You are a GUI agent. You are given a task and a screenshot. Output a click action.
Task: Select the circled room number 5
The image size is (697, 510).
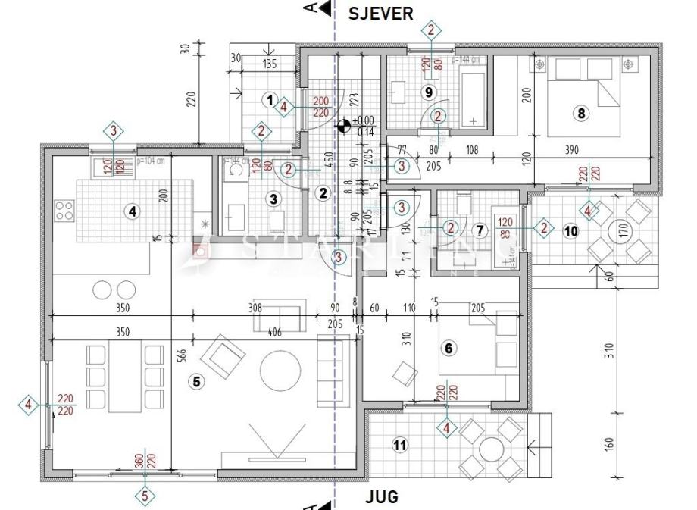pyautogui.click(x=197, y=382)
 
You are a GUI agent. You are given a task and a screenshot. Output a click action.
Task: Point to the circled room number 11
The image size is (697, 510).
pyautogui.click(x=399, y=445)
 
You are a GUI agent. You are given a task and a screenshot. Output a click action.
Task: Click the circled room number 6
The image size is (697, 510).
pyautogui.click(x=449, y=348)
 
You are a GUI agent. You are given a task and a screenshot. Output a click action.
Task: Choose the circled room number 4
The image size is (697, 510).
pyautogui.click(x=133, y=212)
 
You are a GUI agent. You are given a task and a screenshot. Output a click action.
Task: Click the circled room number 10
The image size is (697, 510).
pyautogui.click(x=570, y=230)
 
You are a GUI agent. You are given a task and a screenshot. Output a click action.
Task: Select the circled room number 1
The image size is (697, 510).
pyautogui.click(x=268, y=99)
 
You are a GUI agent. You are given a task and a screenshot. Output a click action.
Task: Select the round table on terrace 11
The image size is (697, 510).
pyautogui.click(x=491, y=447)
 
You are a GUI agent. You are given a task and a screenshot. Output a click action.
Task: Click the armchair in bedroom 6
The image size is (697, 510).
pyautogui.click(x=405, y=373)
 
